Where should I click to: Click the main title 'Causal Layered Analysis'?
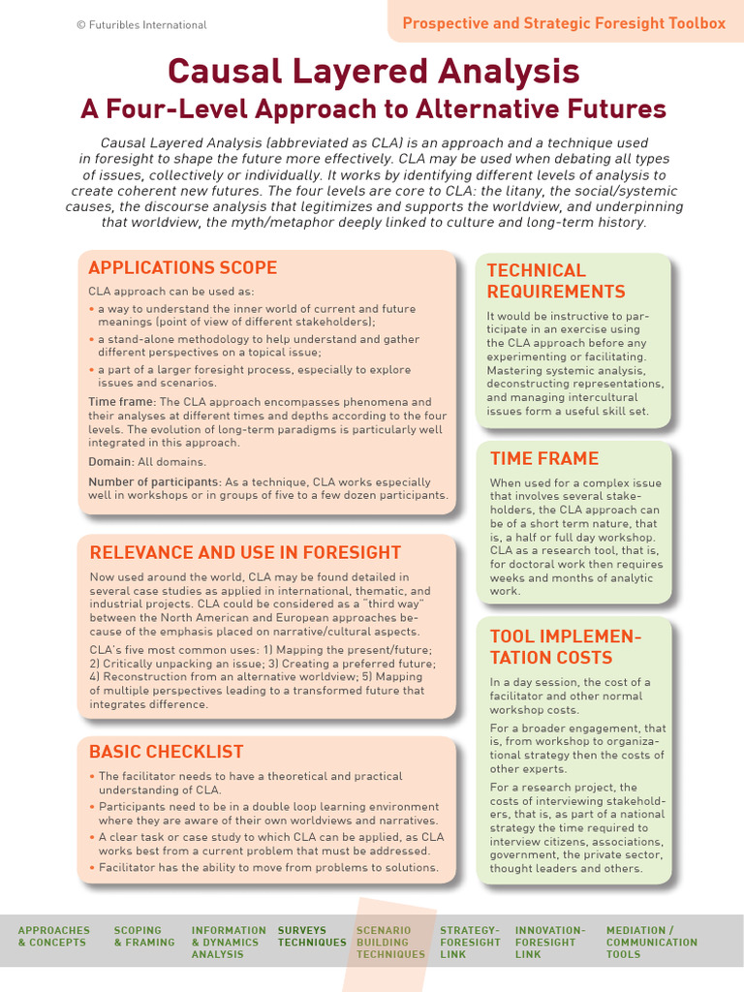[373, 71]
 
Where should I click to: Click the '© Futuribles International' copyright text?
[141, 25]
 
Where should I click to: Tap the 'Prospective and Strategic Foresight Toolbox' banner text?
[564, 23]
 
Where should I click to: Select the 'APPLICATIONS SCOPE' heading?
[182, 268]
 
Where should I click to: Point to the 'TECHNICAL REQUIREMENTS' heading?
[555, 281]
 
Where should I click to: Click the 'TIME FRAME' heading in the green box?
[544, 458]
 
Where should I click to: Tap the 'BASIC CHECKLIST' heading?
[166, 752]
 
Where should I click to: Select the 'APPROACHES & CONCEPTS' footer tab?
[53, 936]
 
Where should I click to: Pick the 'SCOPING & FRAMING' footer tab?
[143, 936]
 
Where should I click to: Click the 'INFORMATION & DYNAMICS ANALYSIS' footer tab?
[229, 942]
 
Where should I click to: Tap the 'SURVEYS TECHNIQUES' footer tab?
[311, 936]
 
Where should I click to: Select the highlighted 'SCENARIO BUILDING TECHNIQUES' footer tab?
[390, 942]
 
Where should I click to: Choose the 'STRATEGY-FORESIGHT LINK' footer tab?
[470, 942]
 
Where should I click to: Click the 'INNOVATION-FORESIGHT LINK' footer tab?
[550, 942]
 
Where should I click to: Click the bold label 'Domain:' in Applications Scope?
[108, 462]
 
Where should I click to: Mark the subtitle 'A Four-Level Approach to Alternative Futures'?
[373, 108]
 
